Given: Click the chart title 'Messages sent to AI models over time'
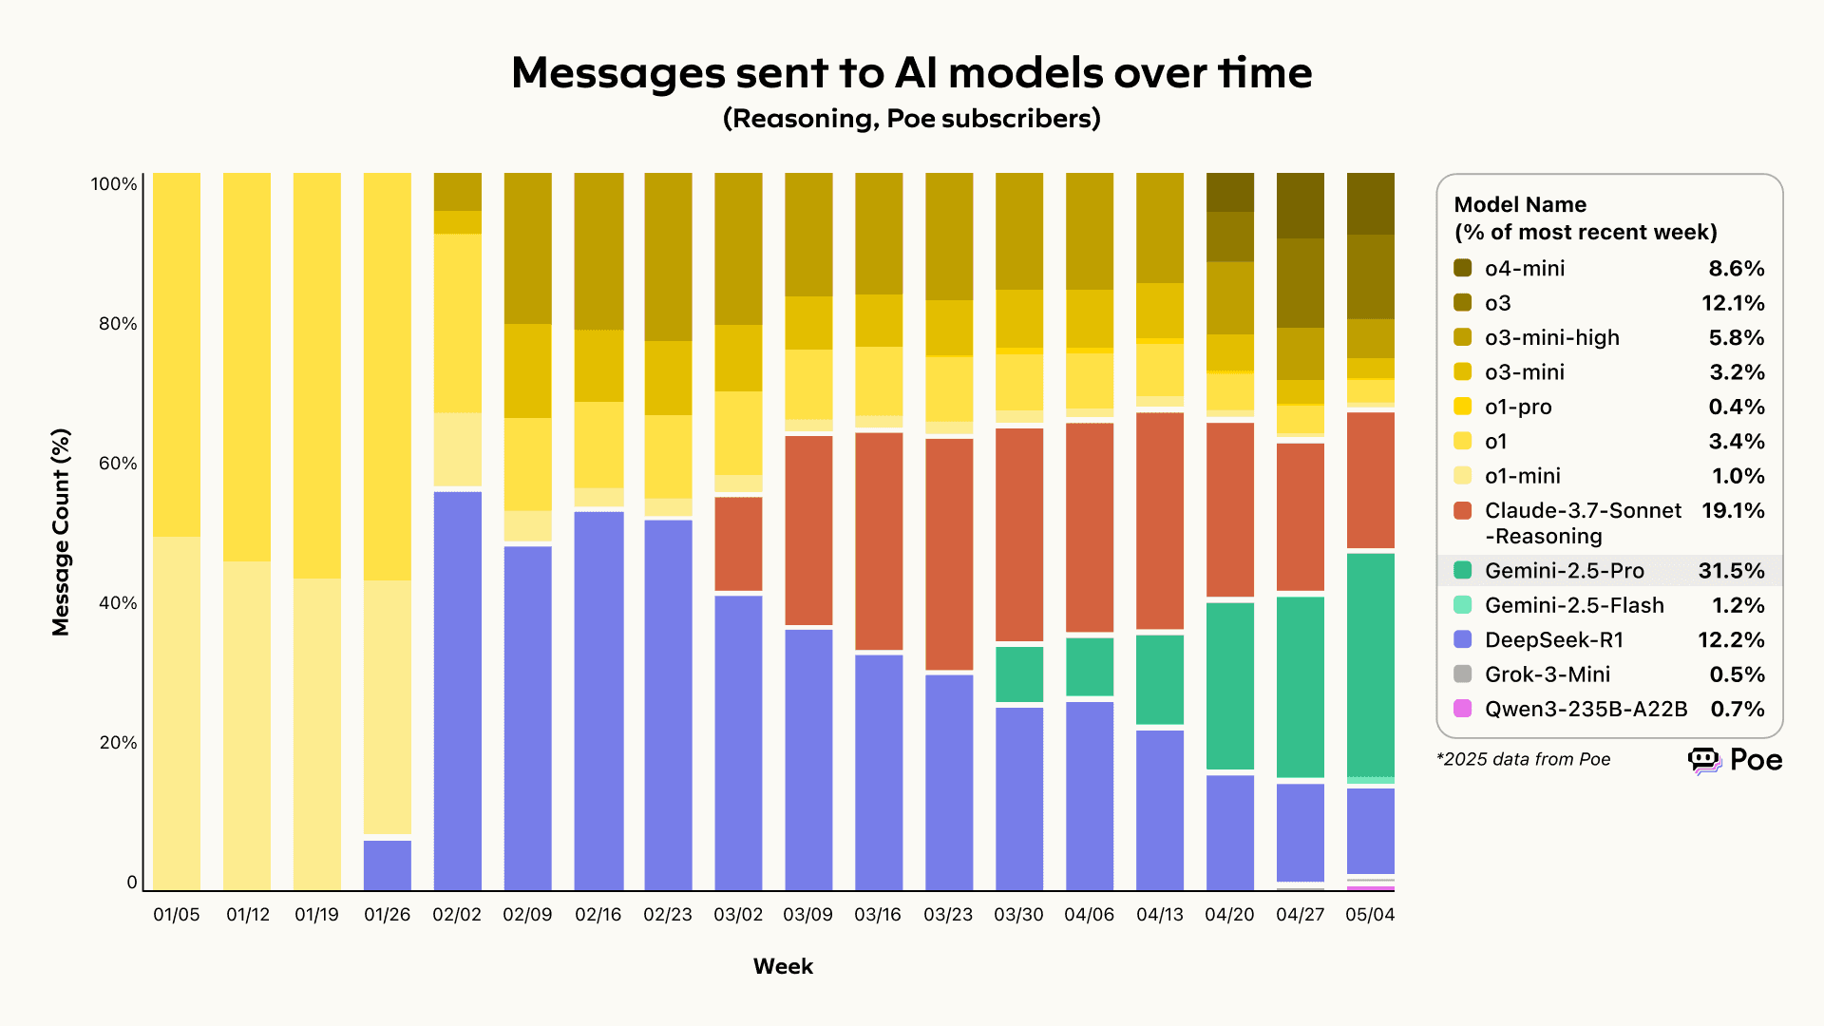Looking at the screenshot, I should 911,73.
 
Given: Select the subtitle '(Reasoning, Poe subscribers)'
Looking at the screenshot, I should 911,119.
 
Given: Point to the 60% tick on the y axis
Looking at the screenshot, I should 118,464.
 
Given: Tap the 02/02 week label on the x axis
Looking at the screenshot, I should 457,915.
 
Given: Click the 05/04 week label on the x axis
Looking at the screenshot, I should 1370,915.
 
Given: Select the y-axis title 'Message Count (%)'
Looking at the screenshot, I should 61,532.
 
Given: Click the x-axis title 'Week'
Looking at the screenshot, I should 783,966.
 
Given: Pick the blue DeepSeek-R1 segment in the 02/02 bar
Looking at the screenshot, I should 458,691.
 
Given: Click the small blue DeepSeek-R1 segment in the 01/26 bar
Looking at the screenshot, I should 388,864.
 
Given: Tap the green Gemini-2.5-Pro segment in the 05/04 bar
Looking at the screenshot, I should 1371,665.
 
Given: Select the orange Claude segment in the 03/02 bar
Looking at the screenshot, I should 738,543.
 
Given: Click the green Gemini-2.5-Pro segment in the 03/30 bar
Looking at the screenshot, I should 1019,674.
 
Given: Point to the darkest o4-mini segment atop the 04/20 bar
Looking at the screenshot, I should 1230,192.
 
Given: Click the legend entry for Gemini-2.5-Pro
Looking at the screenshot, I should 1564,571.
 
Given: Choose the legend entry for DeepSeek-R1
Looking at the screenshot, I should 1553,640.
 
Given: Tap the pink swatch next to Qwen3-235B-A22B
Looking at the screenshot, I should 1463,709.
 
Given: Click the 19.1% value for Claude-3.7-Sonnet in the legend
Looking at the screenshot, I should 1733,511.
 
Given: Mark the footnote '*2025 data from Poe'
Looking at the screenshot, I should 1523,759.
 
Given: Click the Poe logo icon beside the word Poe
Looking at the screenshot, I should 1704,760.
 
